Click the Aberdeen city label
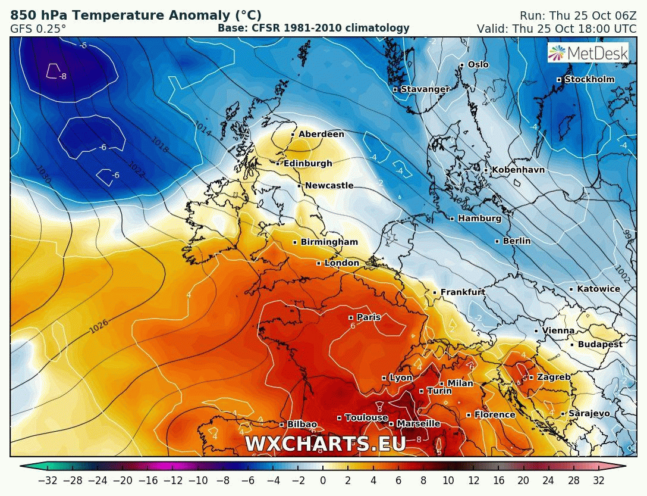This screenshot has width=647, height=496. (321, 135)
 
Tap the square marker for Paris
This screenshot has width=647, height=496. (351, 317)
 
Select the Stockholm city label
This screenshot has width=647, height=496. (589, 80)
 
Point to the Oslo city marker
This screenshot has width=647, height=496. (461, 65)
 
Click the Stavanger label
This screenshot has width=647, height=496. (425, 89)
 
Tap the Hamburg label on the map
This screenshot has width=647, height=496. (479, 219)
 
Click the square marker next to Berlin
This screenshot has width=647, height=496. (497, 241)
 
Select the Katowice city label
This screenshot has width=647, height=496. (598, 289)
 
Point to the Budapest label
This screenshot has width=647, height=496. (600, 345)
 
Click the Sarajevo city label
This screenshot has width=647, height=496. (589, 413)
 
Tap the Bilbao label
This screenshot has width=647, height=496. (301, 425)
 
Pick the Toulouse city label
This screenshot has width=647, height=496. (366, 418)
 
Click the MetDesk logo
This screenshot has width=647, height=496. (589, 54)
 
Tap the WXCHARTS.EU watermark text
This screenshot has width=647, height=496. (325, 444)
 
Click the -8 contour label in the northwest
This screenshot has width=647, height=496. (62, 76)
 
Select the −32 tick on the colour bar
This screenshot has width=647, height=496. (48, 481)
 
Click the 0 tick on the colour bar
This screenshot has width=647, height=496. (323, 481)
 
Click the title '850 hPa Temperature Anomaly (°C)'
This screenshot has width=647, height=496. (136, 15)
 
